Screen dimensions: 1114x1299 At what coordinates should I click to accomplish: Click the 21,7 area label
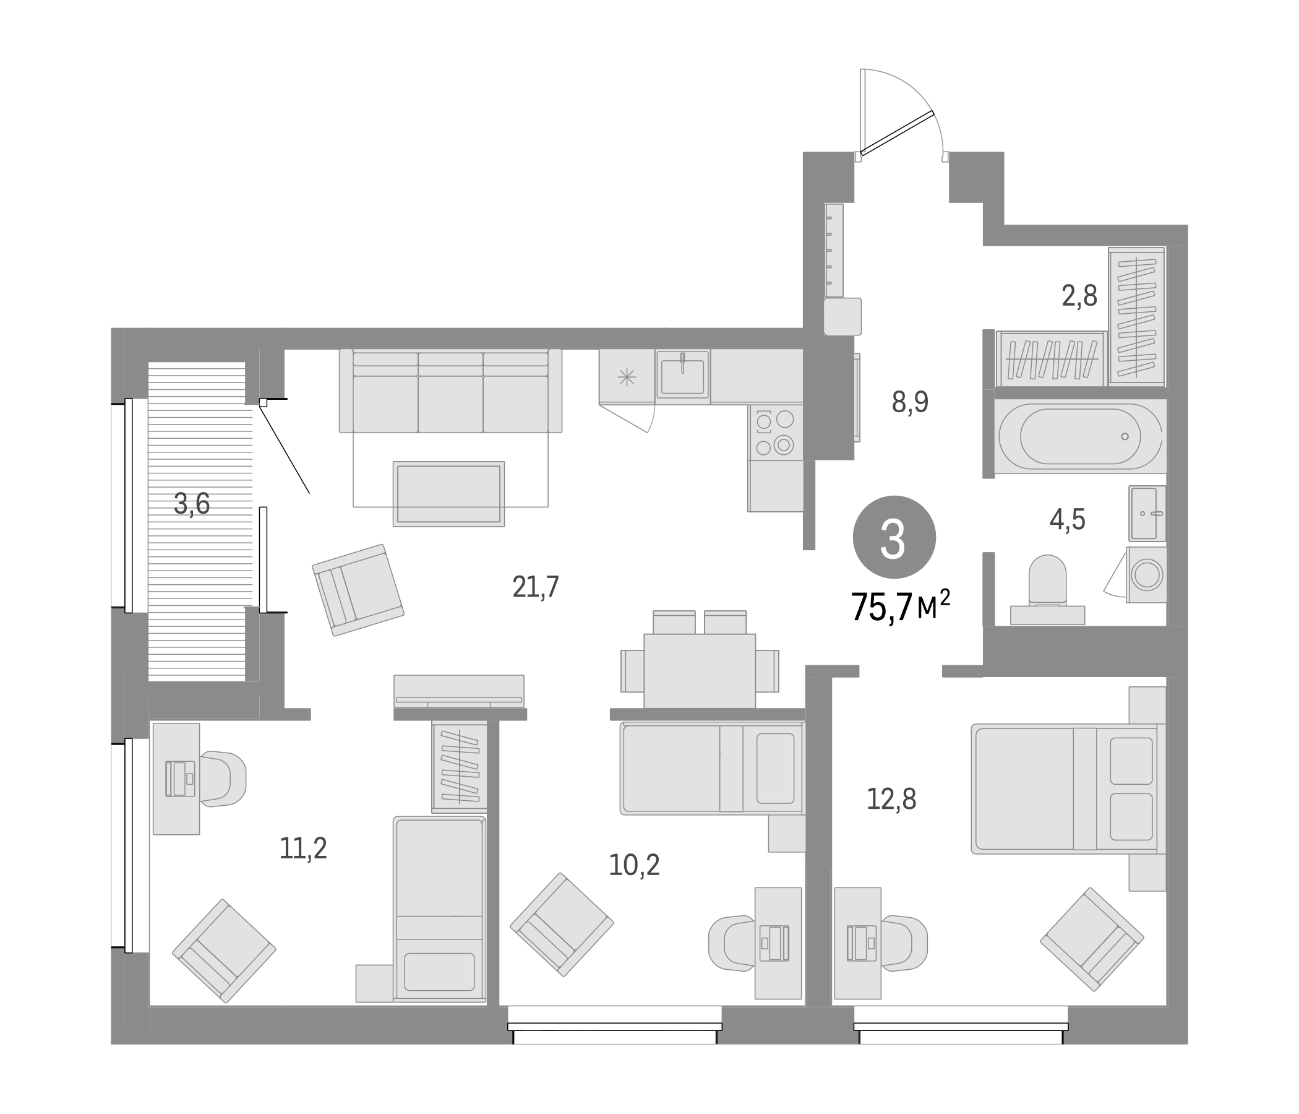tap(536, 588)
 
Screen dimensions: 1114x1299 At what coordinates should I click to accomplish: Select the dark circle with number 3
tap(894, 537)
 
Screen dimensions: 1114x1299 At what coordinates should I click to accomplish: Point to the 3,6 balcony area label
tap(192, 504)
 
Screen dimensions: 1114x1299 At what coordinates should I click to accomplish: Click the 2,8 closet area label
tap(1079, 296)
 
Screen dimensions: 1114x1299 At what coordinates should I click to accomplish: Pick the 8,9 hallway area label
tap(910, 402)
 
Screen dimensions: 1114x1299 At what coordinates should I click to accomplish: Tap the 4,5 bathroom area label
tap(1067, 520)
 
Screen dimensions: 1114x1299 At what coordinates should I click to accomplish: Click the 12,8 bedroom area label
tap(891, 799)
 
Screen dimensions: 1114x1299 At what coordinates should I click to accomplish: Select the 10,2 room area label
tap(634, 866)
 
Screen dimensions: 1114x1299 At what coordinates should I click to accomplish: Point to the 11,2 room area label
tap(303, 849)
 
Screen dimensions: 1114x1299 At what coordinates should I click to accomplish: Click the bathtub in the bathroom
tap(1079, 436)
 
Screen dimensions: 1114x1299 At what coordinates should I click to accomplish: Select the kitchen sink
tap(682, 374)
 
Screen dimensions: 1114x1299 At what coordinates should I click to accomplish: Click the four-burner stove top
tap(775, 432)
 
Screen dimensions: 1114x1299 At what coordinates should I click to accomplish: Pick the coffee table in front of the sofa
tap(449, 494)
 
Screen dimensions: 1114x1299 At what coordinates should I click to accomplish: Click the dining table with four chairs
tap(700, 670)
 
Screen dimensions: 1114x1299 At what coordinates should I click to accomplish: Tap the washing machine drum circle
tap(1147, 574)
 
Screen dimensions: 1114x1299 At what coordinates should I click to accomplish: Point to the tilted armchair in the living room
tap(358, 590)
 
